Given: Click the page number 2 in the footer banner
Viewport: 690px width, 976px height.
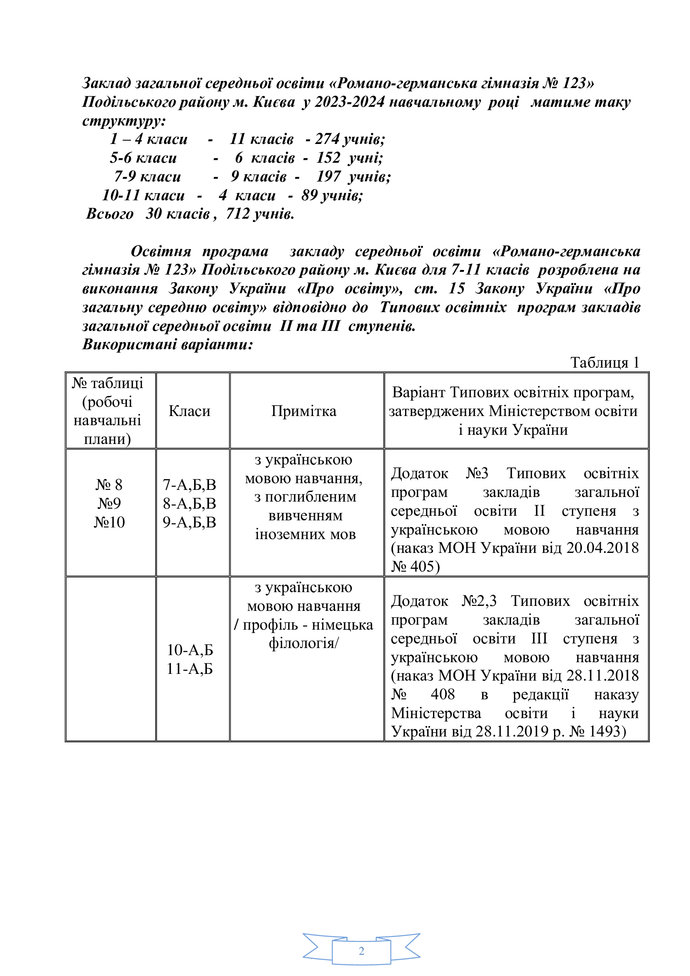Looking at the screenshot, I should (361, 951).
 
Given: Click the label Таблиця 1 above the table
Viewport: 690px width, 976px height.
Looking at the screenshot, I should (604, 363).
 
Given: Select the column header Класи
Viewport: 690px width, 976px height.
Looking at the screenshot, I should (189, 411).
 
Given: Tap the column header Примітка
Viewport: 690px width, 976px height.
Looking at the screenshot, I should (304, 411).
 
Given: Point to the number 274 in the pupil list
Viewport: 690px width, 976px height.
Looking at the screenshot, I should (327, 139).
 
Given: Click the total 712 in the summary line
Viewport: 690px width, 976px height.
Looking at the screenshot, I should (237, 213).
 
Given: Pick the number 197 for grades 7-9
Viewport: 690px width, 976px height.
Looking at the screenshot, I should (328, 177).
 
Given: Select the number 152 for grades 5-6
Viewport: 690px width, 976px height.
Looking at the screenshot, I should (328, 158).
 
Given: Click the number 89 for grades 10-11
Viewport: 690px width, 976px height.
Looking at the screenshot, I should (309, 195).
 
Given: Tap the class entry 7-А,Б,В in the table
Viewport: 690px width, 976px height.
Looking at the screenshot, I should (189, 484).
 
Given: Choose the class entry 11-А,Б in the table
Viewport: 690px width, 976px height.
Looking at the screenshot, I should (189, 669).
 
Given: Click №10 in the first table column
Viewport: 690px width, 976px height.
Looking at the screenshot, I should (109, 522).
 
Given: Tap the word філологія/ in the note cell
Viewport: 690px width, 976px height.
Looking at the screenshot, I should (303, 643).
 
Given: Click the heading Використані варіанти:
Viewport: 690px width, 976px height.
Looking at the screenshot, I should (167, 344).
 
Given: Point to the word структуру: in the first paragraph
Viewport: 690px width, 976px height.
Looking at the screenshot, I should (123, 121).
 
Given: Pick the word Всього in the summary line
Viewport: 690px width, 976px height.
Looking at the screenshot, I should (110, 213).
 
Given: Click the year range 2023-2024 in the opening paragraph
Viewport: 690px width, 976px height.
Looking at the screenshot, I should (349, 102).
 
